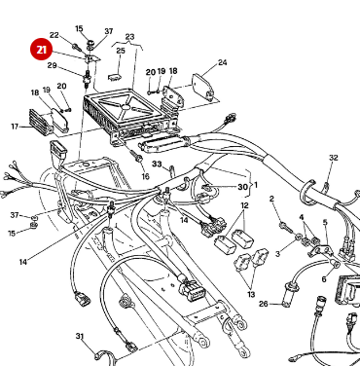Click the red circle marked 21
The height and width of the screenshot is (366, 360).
coord(42,49)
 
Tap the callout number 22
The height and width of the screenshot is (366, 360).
coord(54,35)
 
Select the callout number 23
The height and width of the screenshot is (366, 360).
coord(129,37)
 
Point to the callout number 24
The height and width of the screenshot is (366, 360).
coord(222,63)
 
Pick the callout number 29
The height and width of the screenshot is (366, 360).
coord(53,66)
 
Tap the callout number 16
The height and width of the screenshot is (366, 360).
coord(145,176)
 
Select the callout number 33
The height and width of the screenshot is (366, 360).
coord(156,165)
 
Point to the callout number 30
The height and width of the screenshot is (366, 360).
coord(242,186)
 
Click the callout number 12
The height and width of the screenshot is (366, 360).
coord(245,206)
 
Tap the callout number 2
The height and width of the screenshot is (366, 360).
coord(273,200)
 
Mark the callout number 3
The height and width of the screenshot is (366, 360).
coord(276,253)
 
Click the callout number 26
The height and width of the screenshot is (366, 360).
coord(263,303)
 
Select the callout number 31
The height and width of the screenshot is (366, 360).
coord(80,336)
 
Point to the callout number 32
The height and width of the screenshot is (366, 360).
coord(333,158)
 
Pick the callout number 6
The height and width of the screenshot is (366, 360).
coord(324,278)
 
